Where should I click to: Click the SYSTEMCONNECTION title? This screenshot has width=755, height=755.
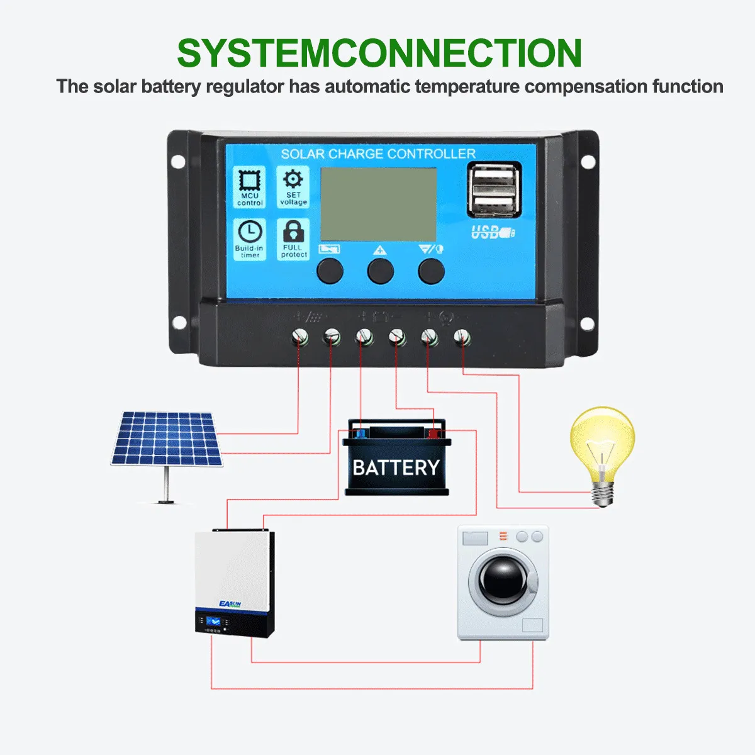click(x=379, y=54)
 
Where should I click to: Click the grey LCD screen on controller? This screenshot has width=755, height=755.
click(x=378, y=204)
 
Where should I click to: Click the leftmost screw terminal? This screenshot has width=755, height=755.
click(x=300, y=338)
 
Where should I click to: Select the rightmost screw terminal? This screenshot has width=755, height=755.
click(x=462, y=338)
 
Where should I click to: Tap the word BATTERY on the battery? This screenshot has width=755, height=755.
click(x=396, y=468)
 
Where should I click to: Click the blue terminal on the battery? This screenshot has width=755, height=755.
click(x=360, y=433)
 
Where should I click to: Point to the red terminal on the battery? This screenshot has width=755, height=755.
click(x=433, y=433)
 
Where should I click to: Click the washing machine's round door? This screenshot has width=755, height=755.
click(x=503, y=581)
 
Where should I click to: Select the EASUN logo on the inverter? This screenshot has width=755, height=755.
click(x=230, y=604)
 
